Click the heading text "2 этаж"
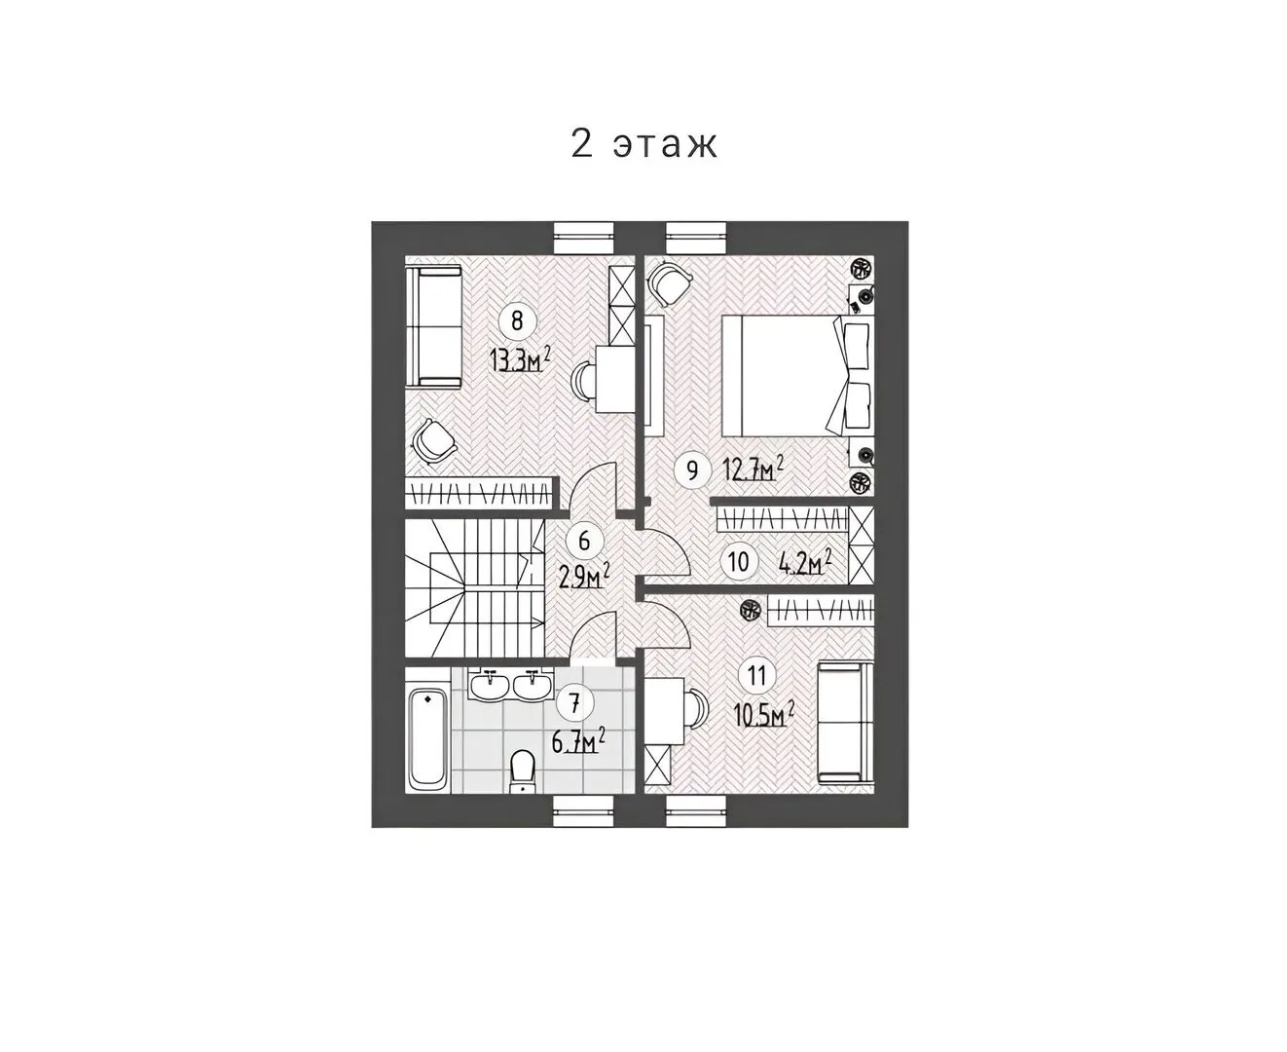(643, 144)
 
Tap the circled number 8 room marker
(517, 319)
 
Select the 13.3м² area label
(520, 359)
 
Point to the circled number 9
(692, 470)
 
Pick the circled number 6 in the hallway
(584, 541)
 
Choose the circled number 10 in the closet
(738, 561)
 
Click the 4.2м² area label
(806, 562)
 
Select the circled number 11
(756, 675)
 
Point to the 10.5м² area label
(764, 714)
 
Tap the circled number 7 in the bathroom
(573, 703)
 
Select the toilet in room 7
(522, 771)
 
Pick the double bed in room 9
(797, 375)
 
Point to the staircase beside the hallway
(475, 587)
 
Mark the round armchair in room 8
(434, 439)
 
